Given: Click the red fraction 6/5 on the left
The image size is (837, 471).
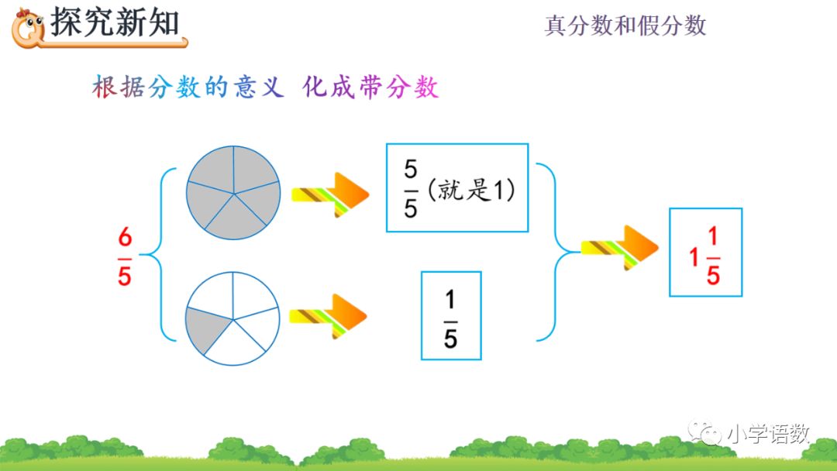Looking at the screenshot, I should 125,256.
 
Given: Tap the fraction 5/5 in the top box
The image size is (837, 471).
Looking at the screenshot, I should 411,188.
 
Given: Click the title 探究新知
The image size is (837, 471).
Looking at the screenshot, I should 115,22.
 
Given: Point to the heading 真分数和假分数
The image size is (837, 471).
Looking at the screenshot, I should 625,26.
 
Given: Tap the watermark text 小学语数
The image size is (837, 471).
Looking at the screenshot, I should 768,434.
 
